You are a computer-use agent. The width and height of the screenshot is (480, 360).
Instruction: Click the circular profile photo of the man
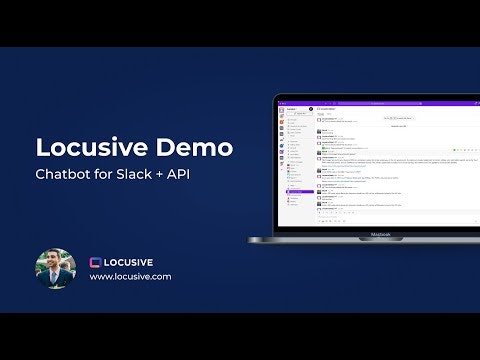(x=56, y=268)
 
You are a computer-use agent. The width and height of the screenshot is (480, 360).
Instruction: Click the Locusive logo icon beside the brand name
(x=97, y=262)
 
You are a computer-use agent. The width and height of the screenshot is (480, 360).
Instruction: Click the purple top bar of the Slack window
(x=380, y=101)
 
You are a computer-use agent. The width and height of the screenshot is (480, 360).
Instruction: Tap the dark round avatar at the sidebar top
(x=311, y=107)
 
